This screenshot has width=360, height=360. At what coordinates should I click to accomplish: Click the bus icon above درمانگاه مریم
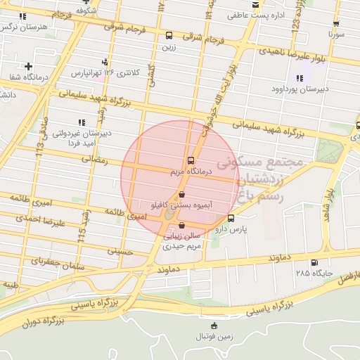(x=191, y=160)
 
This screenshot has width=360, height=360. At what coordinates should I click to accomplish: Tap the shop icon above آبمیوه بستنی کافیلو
(x=182, y=194)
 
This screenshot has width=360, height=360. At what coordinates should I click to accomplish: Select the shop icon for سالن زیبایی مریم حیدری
(x=183, y=226)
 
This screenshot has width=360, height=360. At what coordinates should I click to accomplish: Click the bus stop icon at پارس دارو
(x=231, y=218)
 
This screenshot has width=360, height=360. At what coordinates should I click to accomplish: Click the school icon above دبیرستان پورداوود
(x=300, y=79)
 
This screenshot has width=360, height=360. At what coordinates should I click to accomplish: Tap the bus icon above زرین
(x=169, y=35)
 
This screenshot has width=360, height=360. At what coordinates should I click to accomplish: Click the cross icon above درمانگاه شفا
(x=27, y=66)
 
